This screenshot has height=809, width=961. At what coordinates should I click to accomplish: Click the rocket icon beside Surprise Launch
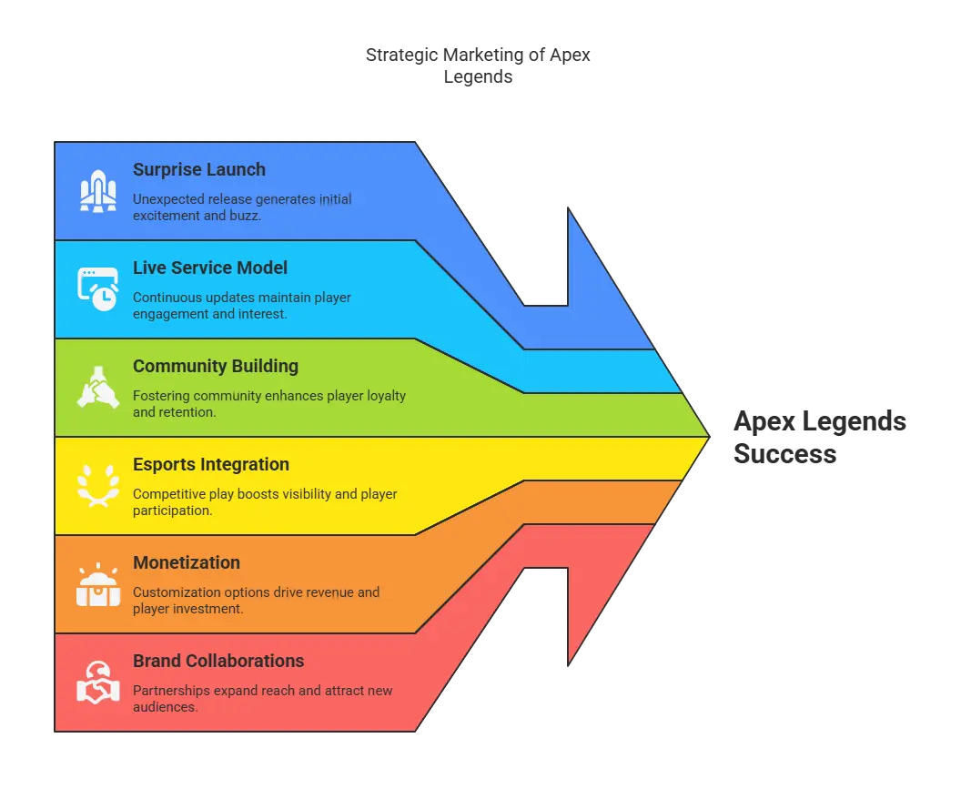tap(97, 190)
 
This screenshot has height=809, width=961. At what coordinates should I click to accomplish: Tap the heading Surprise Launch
tap(199, 169)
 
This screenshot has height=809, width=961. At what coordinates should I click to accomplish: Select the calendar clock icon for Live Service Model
tap(97, 288)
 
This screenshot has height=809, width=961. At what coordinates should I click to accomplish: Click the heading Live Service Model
tap(210, 268)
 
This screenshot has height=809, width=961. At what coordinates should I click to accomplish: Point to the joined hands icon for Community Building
tap(97, 387)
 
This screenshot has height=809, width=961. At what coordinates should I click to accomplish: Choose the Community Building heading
tap(216, 366)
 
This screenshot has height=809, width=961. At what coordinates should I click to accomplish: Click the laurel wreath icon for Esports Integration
tap(97, 485)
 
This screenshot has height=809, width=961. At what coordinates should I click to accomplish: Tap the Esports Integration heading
tap(211, 464)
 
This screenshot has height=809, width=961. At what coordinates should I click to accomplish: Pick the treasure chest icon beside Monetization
tap(97, 584)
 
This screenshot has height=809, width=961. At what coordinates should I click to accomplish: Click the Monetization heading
tap(187, 562)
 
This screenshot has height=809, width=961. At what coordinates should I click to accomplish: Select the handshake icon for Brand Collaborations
tap(97, 683)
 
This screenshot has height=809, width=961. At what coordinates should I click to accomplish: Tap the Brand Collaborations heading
tap(218, 661)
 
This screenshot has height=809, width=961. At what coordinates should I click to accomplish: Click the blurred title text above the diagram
tap(480, 67)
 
